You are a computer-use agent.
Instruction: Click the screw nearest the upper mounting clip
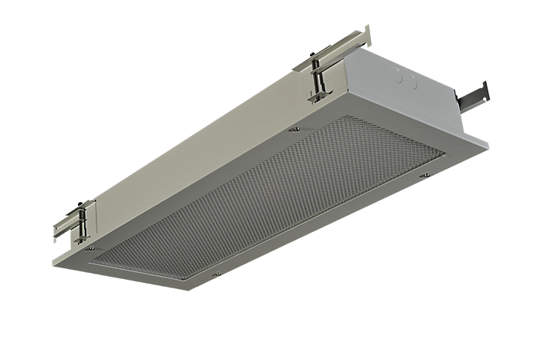295,130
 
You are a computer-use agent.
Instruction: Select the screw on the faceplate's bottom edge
218,273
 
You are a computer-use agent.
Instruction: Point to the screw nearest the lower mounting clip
90,248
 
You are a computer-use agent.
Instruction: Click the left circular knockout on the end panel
400,76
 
